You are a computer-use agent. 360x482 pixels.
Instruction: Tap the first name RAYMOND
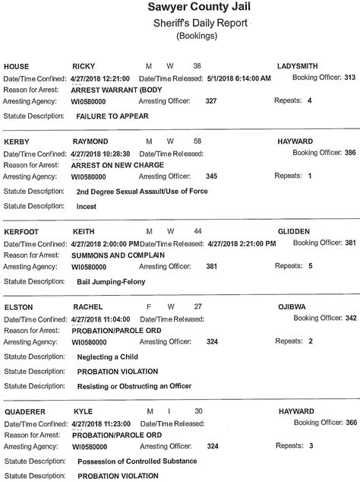coord(93,142)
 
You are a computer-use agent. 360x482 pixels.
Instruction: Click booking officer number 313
coord(350,77)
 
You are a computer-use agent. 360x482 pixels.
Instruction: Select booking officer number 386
coord(350,153)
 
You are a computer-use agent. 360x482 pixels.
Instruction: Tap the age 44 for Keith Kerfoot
coord(198,231)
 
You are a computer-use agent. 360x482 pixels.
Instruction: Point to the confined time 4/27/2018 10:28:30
coord(102,154)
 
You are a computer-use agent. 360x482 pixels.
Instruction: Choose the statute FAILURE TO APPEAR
coord(112,116)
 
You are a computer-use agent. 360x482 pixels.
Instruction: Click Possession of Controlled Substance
coord(137,461)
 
